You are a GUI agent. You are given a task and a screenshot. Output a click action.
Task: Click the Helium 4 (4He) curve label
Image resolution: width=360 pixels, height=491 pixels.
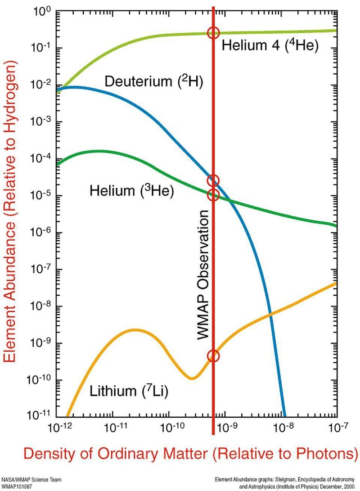(270, 46)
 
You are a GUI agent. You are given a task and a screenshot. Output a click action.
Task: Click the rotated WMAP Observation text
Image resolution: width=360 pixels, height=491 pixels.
(204, 275)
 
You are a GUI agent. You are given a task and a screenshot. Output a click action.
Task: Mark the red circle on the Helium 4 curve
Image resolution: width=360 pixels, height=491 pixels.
(213, 32)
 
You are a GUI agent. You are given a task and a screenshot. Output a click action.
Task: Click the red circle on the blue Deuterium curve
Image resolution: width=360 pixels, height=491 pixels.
(213, 180)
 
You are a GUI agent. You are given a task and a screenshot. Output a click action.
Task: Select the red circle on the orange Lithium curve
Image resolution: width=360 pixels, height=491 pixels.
(213, 356)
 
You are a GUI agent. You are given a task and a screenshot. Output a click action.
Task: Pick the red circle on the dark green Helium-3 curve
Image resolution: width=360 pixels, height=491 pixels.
(213, 195)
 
